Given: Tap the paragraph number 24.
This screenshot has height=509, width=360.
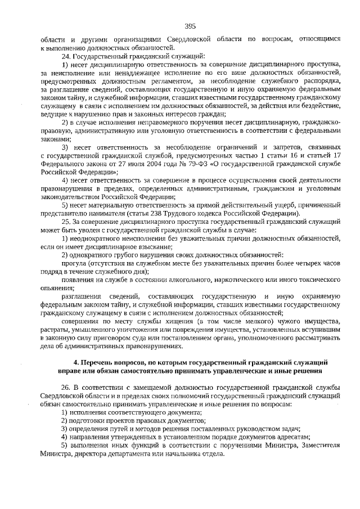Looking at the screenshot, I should coord(66,57).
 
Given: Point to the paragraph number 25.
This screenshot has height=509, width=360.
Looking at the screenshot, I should coord(66,221).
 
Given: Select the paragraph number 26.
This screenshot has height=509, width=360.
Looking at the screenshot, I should coord(66,389).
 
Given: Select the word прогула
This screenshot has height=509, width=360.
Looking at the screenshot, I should coord(74,263).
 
